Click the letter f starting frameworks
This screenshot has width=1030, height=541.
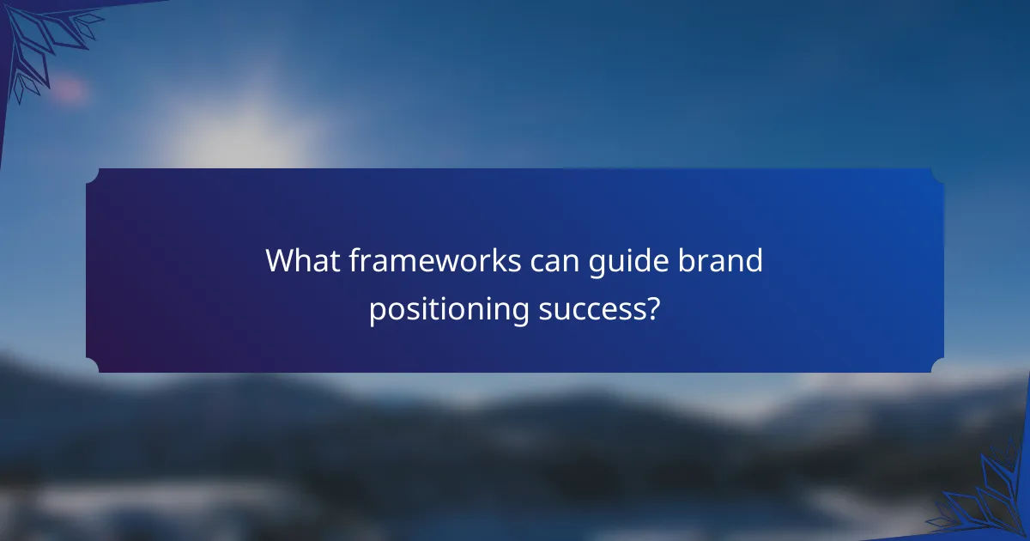[x=354, y=259]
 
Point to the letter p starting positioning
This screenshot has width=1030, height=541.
[x=375, y=312]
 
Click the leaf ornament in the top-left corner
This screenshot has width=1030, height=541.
[x=47, y=43]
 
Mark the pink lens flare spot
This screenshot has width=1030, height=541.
[x=70, y=89]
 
